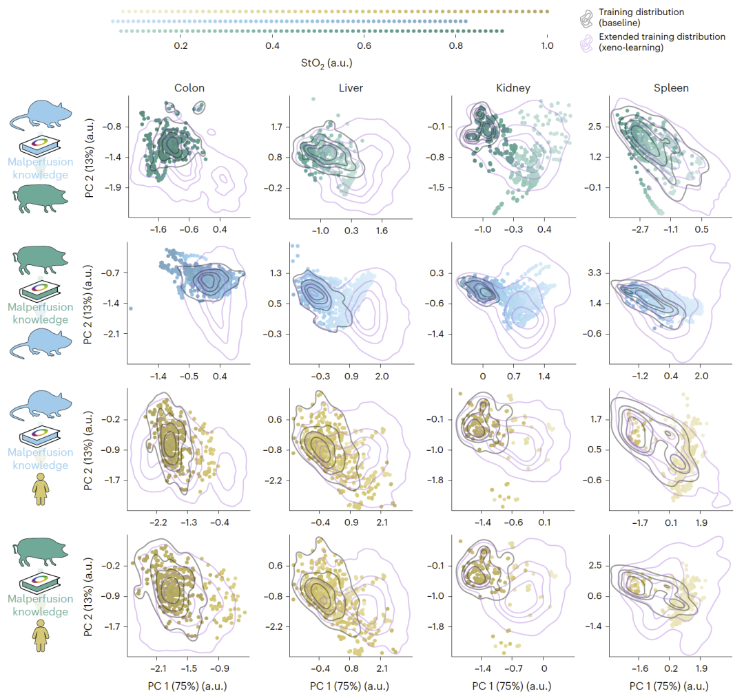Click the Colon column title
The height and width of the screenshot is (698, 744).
point(189,88)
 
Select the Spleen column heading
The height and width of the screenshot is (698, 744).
point(672,88)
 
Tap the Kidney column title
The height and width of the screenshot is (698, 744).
point(513,88)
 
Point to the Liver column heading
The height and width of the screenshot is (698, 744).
point(352,88)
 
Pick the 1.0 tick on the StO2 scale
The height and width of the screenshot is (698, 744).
point(546,46)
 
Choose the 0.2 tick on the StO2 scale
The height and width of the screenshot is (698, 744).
point(180,46)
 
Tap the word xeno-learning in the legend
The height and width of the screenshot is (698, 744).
point(632,48)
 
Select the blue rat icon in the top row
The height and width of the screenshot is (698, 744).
point(39,115)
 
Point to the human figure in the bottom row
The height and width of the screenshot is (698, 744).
point(39,636)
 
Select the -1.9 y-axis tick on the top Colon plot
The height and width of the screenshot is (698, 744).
point(113,187)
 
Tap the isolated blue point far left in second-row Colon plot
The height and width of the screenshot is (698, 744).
point(131,308)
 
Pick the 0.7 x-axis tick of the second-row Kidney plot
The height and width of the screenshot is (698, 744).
point(513,377)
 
